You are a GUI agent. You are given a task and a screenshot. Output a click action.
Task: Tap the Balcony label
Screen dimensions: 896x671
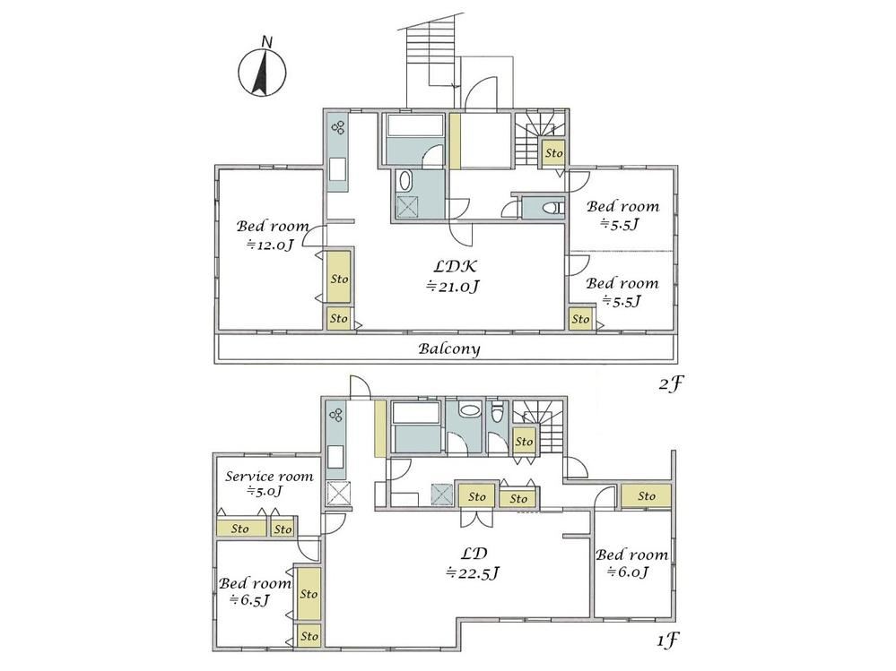click(449, 348)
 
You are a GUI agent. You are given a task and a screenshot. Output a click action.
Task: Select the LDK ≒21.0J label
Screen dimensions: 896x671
click(454, 276)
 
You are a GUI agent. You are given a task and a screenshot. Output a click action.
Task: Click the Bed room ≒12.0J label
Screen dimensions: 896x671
click(273, 235)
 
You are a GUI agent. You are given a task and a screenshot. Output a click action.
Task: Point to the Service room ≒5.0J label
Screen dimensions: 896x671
click(268, 483)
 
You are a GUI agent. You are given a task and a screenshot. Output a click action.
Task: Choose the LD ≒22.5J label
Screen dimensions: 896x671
click(474, 563)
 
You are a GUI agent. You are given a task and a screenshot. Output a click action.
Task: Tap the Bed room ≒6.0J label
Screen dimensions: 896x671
click(631, 563)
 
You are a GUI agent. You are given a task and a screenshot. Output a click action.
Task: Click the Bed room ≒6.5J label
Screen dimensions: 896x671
click(255, 591)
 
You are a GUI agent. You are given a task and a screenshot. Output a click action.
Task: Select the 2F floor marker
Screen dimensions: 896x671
click(670, 384)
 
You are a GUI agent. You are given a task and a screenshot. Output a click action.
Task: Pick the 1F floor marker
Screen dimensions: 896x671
click(667, 641)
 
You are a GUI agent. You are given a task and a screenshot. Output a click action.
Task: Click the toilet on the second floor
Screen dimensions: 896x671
click(553, 208)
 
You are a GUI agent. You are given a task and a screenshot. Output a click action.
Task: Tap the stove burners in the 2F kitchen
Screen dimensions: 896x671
click(338, 127)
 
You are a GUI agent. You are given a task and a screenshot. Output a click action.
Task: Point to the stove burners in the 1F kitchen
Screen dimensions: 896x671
click(336, 415)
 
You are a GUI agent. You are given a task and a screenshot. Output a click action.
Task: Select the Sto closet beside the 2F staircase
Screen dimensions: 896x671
click(553, 153)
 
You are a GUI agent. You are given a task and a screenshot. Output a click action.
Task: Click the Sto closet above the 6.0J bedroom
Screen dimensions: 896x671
click(647, 495)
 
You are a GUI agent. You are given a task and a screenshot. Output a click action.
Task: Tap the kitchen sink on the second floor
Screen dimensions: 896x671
click(338, 169)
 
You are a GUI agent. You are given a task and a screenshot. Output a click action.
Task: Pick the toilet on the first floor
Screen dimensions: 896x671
click(497, 412)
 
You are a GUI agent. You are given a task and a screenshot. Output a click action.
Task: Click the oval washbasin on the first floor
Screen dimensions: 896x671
click(470, 410)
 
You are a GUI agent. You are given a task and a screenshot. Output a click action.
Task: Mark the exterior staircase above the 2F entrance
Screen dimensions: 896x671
click(430, 57)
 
